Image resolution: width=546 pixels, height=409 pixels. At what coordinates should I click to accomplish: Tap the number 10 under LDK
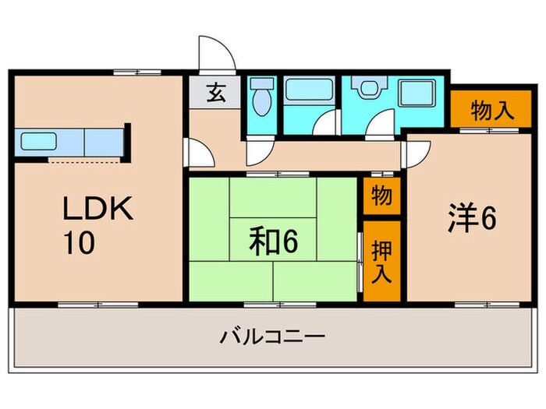80,243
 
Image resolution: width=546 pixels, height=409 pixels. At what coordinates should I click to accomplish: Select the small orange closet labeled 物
381,195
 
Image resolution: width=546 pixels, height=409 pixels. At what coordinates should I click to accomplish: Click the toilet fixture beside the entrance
261,100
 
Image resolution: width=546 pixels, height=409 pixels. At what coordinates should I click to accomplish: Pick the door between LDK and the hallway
197,151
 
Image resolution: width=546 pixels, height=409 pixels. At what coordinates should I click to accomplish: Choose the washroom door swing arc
382,125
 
